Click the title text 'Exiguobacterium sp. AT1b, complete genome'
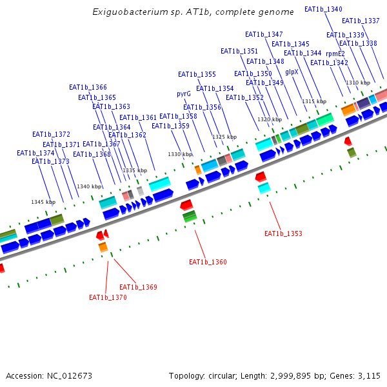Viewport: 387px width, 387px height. (193, 12)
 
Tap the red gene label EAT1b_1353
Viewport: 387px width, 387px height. (283, 233)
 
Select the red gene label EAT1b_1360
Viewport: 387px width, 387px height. (208, 263)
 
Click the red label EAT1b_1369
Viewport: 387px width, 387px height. (138, 287)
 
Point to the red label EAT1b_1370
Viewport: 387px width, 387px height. (108, 298)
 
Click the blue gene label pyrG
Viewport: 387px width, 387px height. (184, 94)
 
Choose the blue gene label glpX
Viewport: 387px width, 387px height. (292, 72)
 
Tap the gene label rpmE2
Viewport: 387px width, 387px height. (335, 54)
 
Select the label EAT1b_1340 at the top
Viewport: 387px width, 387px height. (323, 9)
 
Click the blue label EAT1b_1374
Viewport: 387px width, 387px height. (35, 154)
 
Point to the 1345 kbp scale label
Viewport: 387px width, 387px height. (43, 202)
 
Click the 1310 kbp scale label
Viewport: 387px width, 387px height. (358, 83)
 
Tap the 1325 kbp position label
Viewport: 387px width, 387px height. (224, 137)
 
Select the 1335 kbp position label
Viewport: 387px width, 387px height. (135, 170)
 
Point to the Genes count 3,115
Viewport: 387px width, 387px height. (369, 375)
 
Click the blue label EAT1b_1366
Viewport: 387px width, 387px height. (88, 87)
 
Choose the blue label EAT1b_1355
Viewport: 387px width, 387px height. (197, 75)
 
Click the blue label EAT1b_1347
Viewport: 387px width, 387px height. (264, 34)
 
